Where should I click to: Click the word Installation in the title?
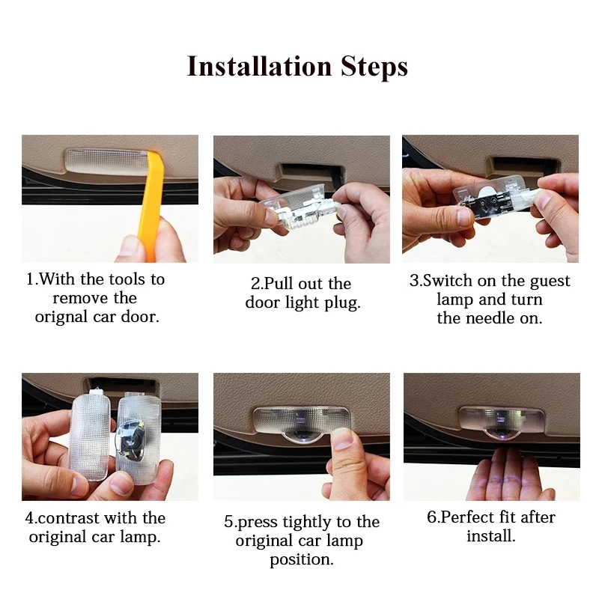[259, 66]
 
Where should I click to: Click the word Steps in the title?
[374, 67]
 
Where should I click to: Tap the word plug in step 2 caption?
[342, 303]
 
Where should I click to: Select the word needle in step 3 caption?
[490, 317]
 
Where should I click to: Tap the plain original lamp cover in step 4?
[91, 436]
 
